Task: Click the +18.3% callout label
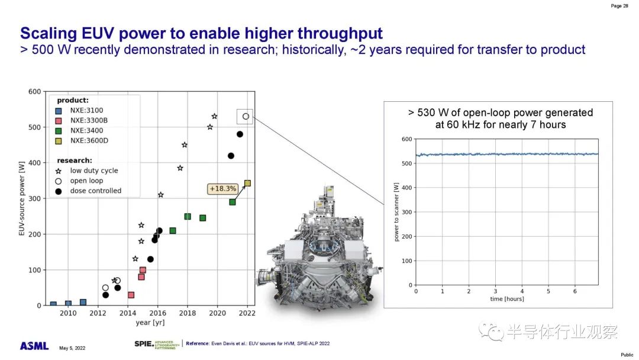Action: (x=222, y=189)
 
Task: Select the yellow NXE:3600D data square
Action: (x=247, y=184)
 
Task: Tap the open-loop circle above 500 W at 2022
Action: (x=246, y=117)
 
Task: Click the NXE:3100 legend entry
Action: (x=79, y=111)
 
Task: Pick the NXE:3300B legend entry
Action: (x=82, y=121)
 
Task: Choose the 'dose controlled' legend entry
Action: (x=88, y=191)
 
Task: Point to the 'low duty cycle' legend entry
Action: (x=87, y=171)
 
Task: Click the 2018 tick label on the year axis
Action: (x=188, y=313)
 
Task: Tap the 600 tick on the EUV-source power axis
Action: (x=35, y=92)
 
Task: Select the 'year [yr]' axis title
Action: (x=150, y=323)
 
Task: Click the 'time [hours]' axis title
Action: (x=507, y=299)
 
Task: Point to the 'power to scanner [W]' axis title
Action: (x=396, y=212)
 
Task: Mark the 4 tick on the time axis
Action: (x=522, y=291)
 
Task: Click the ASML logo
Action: (x=34, y=346)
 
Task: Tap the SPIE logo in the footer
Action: (x=157, y=345)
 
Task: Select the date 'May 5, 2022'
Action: (x=72, y=348)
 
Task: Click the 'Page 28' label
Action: (x=619, y=6)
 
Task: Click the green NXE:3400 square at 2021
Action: (x=233, y=202)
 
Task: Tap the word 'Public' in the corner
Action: (x=627, y=355)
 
